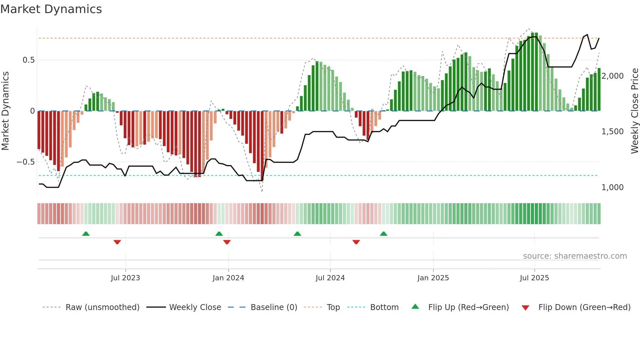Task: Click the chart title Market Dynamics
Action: pyautogui.click(x=51, y=9)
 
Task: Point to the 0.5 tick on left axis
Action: pyautogui.click(x=28, y=60)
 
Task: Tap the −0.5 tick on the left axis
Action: pyautogui.click(x=26, y=162)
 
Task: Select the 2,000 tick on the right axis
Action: pyautogui.click(x=613, y=76)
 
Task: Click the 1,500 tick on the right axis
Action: pyautogui.click(x=613, y=132)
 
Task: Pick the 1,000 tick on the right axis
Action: pyautogui.click(x=613, y=188)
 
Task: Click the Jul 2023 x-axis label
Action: pyautogui.click(x=125, y=278)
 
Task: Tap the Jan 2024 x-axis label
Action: pyautogui.click(x=228, y=278)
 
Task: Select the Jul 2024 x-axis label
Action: pyautogui.click(x=330, y=278)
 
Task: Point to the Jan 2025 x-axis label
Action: pyautogui.click(x=433, y=278)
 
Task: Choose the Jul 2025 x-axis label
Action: pyautogui.click(x=535, y=278)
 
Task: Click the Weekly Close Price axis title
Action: pyautogui.click(x=634, y=111)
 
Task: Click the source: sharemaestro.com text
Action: pyautogui.click(x=575, y=256)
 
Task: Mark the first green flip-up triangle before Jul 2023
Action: pyautogui.click(x=86, y=234)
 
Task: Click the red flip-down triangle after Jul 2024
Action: pyautogui.click(x=356, y=242)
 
